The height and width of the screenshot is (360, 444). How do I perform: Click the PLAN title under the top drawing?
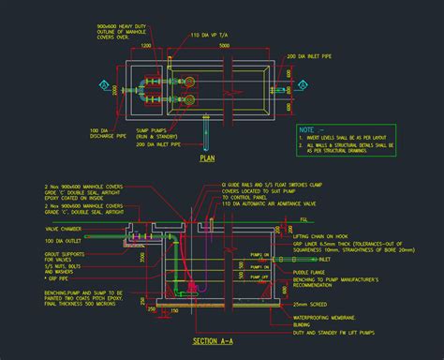208,158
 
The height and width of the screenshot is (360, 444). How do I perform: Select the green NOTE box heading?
307,128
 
